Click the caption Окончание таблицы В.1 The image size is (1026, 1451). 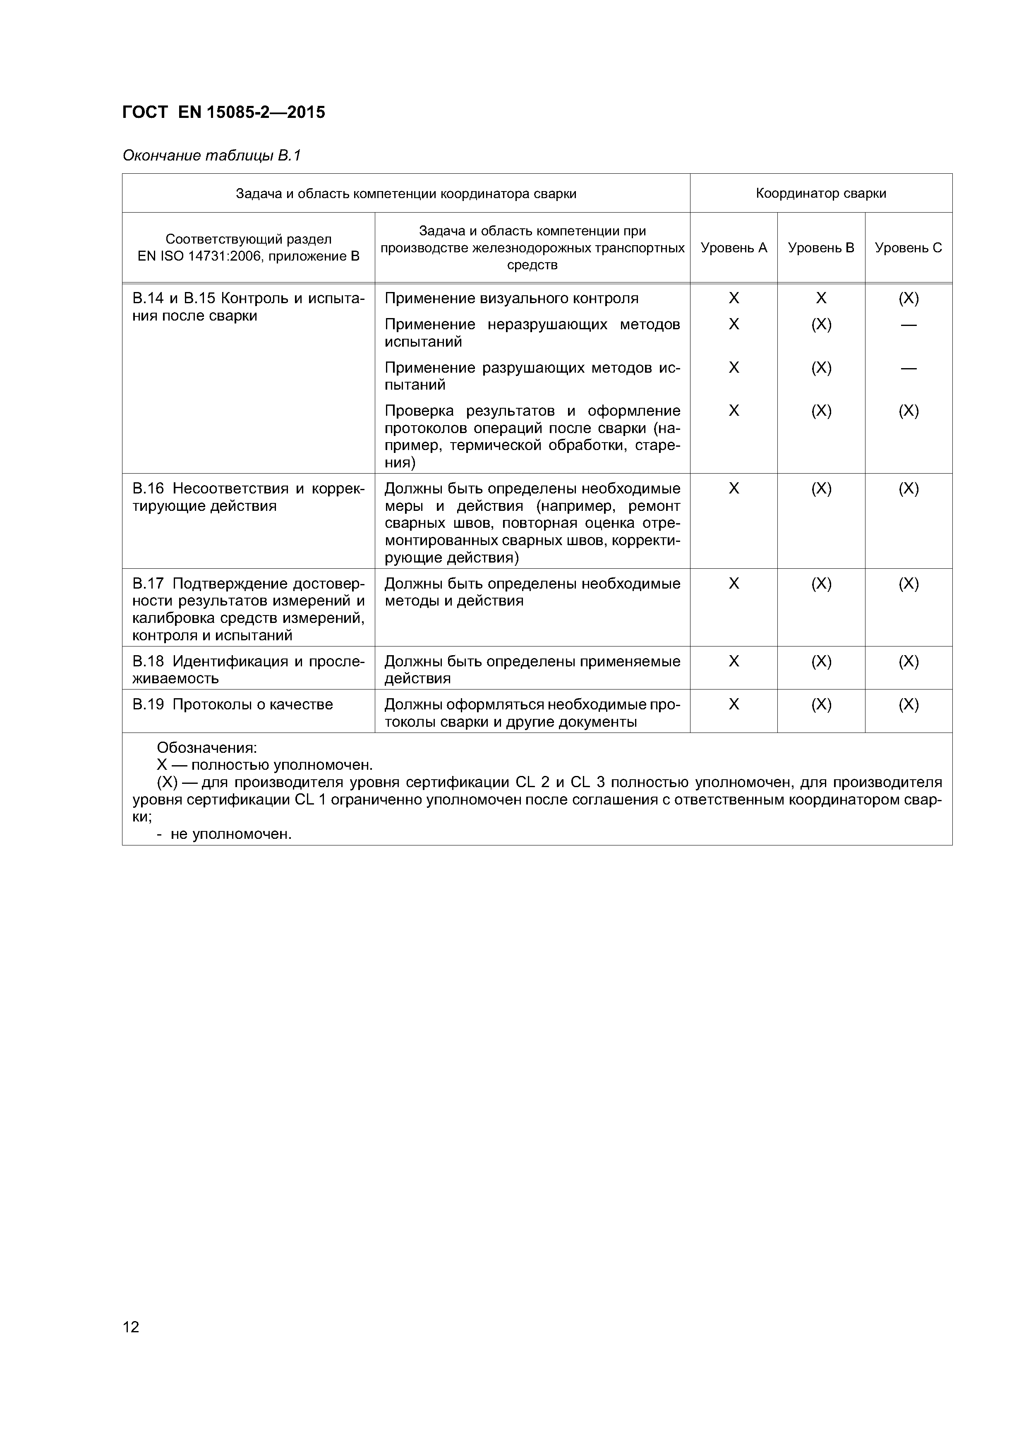[211, 156]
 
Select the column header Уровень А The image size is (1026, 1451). [734, 248]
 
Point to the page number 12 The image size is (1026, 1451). [131, 1326]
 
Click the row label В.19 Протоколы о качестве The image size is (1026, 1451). [232, 705]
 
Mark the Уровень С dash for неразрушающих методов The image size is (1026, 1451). [909, 325]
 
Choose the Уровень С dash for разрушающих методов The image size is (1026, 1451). [909, 368]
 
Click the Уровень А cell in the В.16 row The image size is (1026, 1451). [734, 488]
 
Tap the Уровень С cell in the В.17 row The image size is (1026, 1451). [909, 583]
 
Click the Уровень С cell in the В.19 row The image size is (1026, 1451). [909, 705]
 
